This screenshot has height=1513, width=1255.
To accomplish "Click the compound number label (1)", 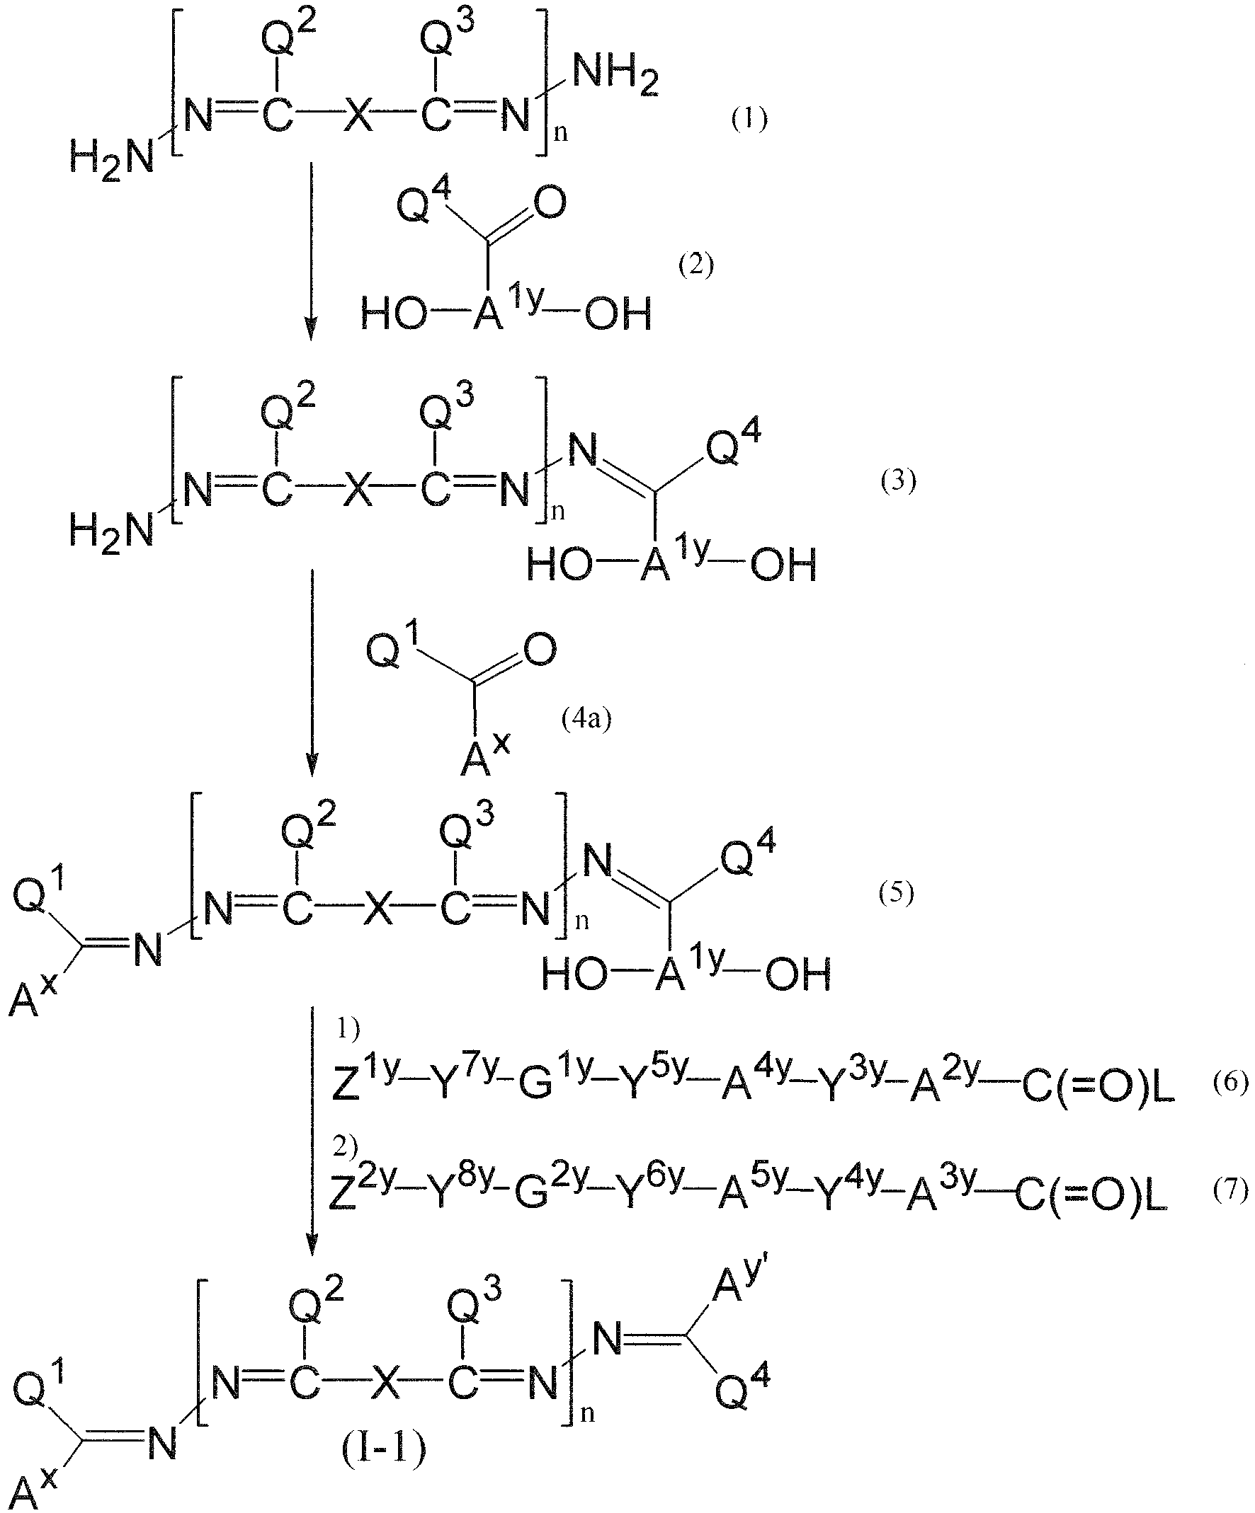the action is [x=750, y=120].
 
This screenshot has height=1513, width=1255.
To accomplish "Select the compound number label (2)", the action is [x=695, y=266].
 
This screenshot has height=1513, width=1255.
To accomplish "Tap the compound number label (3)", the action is [x=898, y=481].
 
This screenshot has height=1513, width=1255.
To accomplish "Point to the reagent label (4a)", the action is [x=586, y=719].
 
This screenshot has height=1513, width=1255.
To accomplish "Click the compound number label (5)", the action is [x=895, y=893].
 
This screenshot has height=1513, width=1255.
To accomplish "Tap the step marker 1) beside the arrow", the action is [x=348, y=1030].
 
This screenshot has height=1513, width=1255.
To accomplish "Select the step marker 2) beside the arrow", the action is [x=346, y=1146].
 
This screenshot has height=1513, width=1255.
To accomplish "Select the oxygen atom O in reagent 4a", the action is [x=540, y=650].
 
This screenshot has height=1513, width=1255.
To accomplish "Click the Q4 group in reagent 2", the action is [x=424, y=200].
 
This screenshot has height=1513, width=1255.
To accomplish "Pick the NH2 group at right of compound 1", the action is [x=616, y=76].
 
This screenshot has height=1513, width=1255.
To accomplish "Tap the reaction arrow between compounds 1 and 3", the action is [x=311, y=251].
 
